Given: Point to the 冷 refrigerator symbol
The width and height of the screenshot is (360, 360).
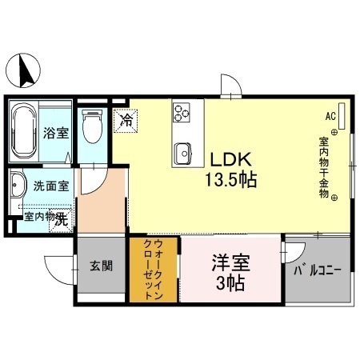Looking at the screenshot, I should (x=126, y=121).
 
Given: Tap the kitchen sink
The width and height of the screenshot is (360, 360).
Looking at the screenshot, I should (x=182, y=150).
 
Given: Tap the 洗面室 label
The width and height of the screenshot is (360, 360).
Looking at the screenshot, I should (x=50, y=186).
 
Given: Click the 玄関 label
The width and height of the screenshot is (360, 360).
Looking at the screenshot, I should (x=100, y=266).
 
